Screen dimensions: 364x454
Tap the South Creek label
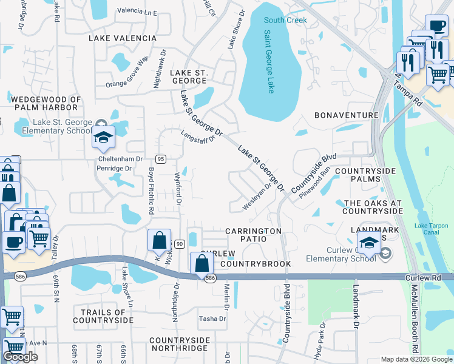285,20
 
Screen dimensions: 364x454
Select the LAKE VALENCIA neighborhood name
123,38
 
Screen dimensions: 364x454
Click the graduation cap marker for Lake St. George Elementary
103,138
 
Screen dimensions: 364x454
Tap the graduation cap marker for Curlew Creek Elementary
369,243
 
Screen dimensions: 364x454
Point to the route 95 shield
161,159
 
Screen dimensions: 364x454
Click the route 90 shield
180,243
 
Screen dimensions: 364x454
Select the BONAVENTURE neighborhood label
346,115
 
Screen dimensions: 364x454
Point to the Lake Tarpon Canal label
431,230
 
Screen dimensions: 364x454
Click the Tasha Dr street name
212,318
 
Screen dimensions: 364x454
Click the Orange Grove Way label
127,72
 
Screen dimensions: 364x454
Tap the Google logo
20,357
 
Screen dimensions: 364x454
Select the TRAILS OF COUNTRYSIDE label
103,315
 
